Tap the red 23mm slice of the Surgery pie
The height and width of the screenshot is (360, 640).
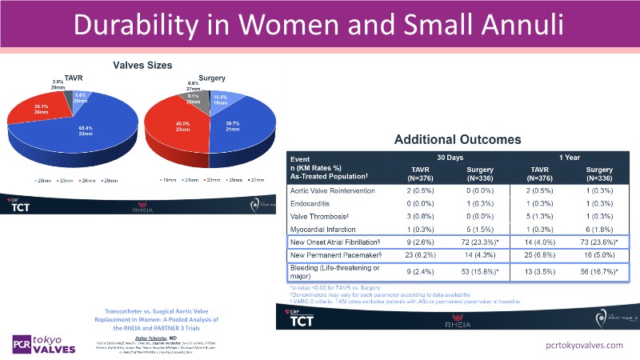tap(186, 128)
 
